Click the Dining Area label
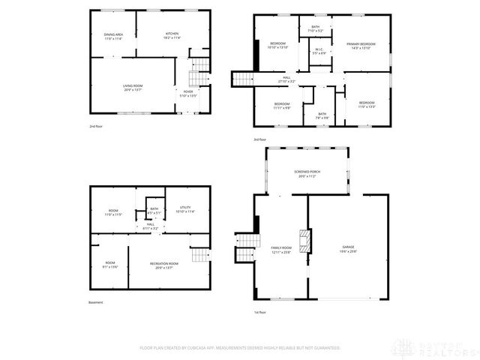(113, 35)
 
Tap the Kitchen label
(172, 35)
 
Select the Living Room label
(133, 88)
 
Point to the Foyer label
(187, 94)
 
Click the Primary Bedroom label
(361, 46)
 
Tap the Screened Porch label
(307, 174)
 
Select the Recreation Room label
(163, 265)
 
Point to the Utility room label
(184, 209)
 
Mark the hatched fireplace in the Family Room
(304, 242)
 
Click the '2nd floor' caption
(96, 127)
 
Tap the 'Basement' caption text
(95, 303)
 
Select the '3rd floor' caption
(260, 140)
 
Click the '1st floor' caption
(260, 312)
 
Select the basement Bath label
(154, 211)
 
